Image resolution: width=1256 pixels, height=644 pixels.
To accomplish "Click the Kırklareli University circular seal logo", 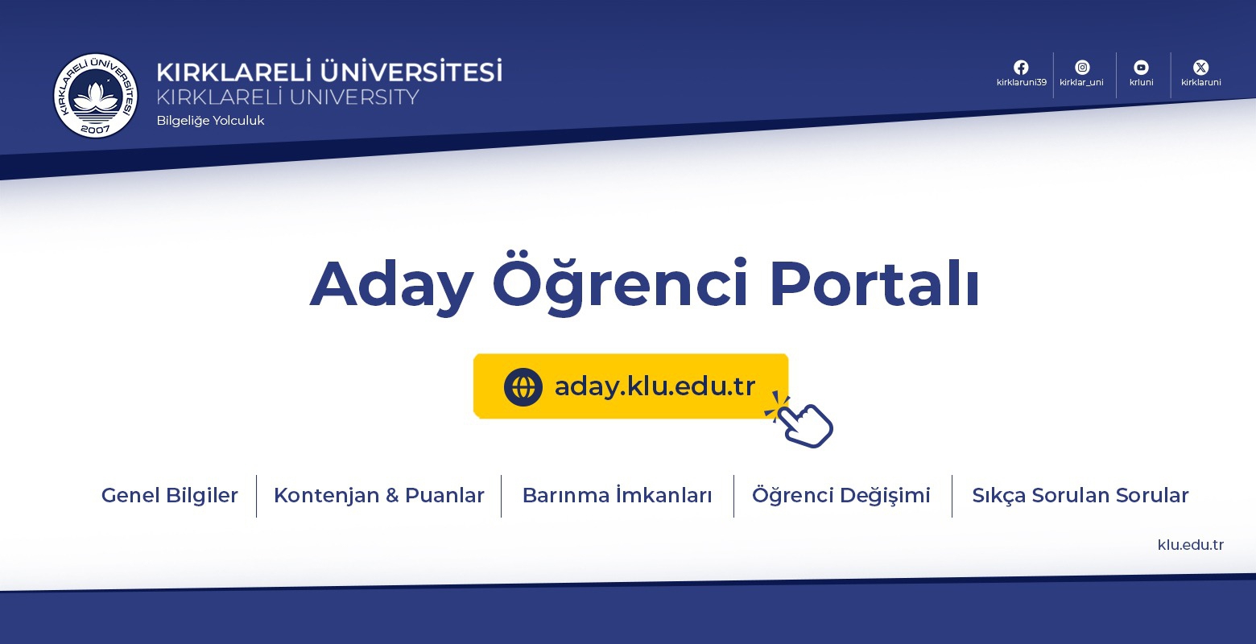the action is tap(96, 95).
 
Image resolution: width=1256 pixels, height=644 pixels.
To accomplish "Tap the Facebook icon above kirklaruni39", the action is tap(1021, 68).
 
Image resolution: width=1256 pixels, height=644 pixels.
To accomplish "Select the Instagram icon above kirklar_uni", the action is tap(1082, 68).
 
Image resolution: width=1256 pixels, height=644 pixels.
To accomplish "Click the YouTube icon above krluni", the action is tap(1141, 68).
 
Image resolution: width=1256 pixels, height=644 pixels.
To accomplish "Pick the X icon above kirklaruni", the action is tap(1200, 68).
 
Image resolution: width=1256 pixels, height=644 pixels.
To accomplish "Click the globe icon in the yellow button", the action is tap(523, 386).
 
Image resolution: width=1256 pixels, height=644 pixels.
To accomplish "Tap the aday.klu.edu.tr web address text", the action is tap(655, 386).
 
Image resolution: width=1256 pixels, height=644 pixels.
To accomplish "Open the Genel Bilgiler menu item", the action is tap(169, 495).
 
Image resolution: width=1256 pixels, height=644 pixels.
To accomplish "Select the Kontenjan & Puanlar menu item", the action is tap(379, 495).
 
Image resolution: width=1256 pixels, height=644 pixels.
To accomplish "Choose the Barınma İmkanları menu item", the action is tap(617, 495).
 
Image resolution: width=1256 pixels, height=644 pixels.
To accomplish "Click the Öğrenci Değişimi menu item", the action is tap(841, 495).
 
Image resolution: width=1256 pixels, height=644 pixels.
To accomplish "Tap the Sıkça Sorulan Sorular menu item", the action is tap(1080, 495).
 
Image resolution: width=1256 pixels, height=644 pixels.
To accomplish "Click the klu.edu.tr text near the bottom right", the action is tap(1191, 545).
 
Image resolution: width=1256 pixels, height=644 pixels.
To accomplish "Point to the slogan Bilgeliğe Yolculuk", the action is tap(210, 121).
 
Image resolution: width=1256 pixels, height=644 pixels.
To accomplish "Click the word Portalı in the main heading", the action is tap(874, 283).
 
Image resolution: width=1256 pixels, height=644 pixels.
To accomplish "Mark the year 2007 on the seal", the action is tap(95, 130).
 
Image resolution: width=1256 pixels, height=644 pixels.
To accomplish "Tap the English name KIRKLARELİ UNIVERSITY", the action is tap(287, 97).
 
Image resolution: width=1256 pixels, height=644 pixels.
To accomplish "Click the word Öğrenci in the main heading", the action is tap(620, 283).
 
